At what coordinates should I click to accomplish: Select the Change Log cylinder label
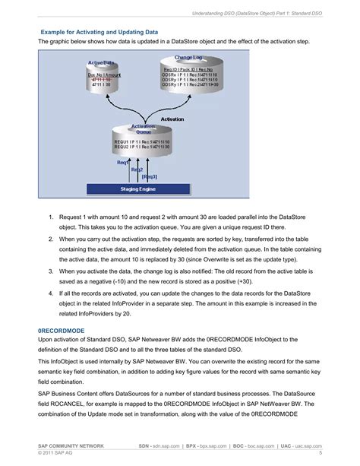tap(188, 58)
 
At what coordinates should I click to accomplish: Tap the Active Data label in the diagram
tap(102, 62)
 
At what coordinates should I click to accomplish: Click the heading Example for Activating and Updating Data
tap(99, 33)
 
